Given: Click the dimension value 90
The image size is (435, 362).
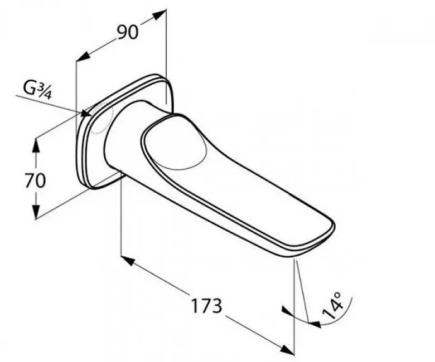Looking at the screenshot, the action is tap(128, 32).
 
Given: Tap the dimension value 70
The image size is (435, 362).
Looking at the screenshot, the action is tap(35, 180).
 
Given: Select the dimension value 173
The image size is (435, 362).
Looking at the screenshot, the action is tap(207, 306).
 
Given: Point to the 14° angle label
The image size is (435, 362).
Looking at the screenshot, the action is tap(332, 306).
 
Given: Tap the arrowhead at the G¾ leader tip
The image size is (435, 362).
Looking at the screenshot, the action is tap(86, 113).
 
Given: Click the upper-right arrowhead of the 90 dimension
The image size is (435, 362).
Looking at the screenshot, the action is tap(159, 14).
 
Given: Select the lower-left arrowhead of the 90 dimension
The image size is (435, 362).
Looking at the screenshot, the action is tap(83, 56).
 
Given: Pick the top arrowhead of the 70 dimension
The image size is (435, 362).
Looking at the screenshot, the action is tap(35, 145).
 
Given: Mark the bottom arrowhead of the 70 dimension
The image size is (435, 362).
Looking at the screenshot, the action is tap(36, 212).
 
